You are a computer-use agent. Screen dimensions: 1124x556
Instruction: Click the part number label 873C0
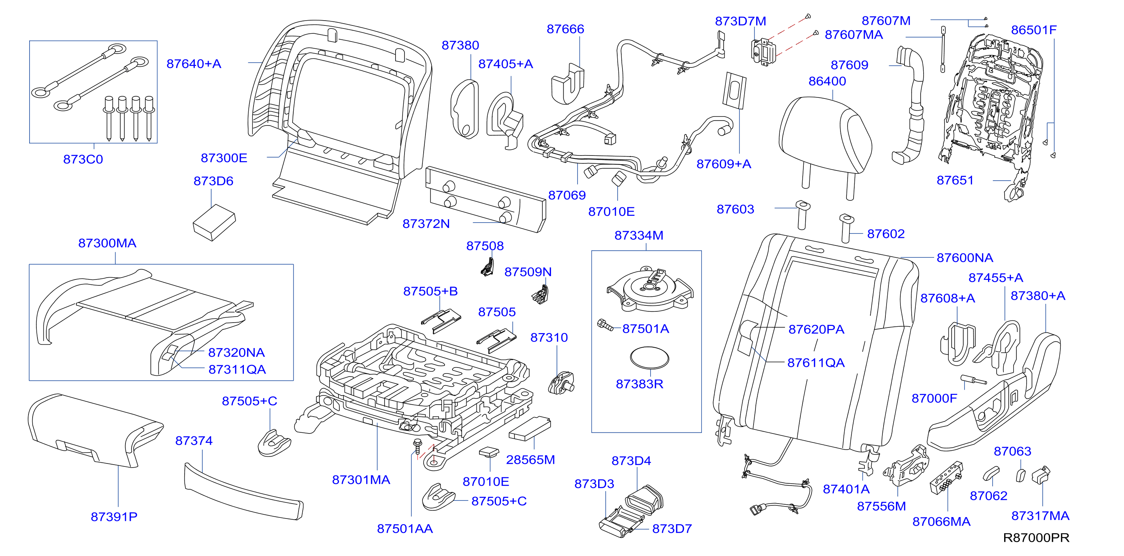[x=83, y=159]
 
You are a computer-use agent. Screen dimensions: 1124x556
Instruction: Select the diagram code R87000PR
[x=1036, y=538]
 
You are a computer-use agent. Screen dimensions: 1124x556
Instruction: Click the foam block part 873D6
[x=214, y=223]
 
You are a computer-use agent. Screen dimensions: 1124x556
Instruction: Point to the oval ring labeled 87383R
[x=649, y=358]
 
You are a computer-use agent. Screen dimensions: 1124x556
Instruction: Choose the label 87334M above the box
[x=639, y=236]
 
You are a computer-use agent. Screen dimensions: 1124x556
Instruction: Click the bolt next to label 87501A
[x=605, y=325]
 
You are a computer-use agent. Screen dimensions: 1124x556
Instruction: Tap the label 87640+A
[x=194, y=64]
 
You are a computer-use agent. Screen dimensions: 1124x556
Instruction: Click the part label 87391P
[x=114, y=517]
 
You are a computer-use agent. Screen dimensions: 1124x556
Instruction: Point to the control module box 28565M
[x=530, y=429]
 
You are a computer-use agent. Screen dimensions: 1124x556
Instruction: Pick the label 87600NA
[x=965, y=258]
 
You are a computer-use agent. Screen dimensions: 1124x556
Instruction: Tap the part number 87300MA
[x=107, y=244]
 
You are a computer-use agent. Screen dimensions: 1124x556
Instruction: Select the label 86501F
[x=1034, y=30]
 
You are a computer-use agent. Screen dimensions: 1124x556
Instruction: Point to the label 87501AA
[x=405, y=529]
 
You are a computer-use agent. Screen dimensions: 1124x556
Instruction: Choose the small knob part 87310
[x=561, y=383]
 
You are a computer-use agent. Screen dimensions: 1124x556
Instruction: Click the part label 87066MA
[x=941, y=522]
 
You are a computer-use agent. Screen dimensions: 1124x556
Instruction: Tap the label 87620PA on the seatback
[x=816, y=329]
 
